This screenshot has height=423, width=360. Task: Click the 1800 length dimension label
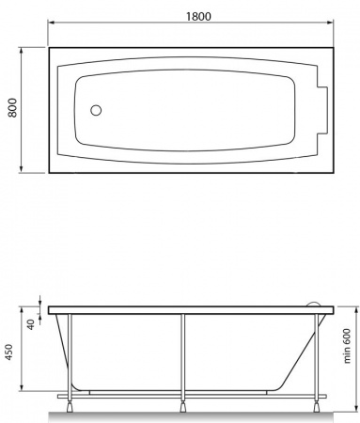click(x=198, y=16)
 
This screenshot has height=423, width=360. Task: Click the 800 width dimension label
click(x=12, y=108)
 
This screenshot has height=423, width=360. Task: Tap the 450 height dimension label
click(x=9, y=352)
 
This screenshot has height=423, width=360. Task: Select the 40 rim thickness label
click(x=30, y=324)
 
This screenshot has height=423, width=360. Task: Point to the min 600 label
click(x=347, y=346)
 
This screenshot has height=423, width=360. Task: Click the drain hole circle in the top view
click(x=96, y=110)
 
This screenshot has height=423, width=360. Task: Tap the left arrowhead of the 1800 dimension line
click(x=52, y=23)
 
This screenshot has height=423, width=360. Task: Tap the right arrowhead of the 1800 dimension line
click(x=330, y=23)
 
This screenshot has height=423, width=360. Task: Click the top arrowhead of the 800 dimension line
click(x=21, y=51)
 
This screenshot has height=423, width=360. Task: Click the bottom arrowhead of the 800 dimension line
click(x=21, y=169)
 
